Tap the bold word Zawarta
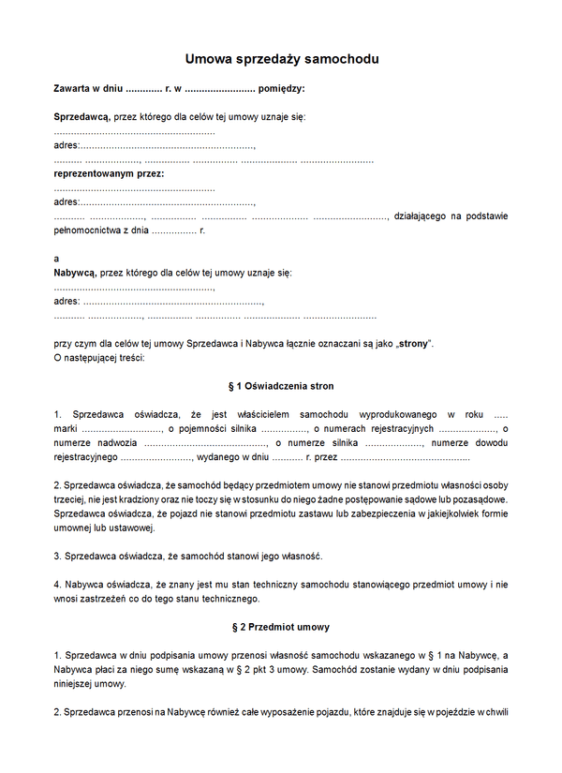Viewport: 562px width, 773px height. pos(75,89)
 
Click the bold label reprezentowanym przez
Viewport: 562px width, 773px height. pos(109,173)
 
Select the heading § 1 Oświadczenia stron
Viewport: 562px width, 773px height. pos(281,386)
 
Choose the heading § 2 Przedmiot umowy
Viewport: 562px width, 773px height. pos(281,626)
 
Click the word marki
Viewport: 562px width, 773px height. pos(66,428)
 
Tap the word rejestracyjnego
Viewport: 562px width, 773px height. pos(85,457)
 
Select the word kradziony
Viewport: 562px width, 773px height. pos(137,499)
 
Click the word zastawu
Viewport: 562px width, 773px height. pos(324,513)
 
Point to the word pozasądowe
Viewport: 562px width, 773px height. pos(477,499)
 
